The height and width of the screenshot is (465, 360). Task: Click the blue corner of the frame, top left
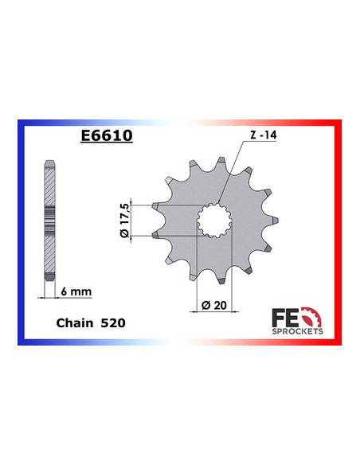pyautogui.click(x=22, y=125)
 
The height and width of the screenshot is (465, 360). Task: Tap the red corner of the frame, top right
pyautogui.click(x=338, y=125)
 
